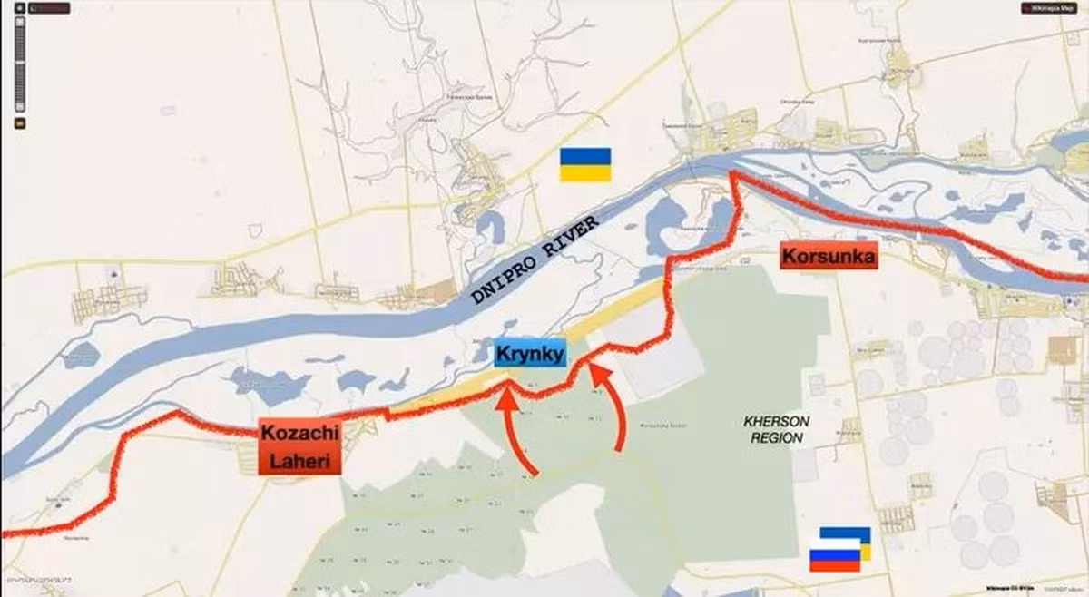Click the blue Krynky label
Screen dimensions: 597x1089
pos(530,354)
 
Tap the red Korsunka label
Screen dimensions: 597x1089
pos(829,258)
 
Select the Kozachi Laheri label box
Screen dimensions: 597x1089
pos(299,448)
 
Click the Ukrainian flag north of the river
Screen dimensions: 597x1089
pos(584,164)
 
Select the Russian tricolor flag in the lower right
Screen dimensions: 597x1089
pos(834,555)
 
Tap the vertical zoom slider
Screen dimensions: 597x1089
pos(20,64)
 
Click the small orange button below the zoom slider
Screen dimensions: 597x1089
pos(20,122)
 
